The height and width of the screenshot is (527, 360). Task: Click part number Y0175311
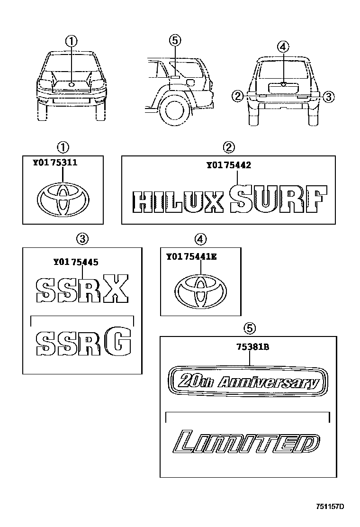point(55,163)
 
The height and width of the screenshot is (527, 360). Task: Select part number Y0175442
point(228,165)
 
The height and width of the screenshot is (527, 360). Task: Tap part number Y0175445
point(76,261)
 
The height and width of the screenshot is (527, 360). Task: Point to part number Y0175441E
point(191,257)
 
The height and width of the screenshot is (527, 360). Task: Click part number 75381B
point(252,347)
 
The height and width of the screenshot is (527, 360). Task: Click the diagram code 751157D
point(330,507)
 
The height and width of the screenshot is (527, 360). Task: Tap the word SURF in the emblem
point(278,200)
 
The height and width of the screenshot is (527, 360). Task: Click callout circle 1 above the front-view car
point(72,41)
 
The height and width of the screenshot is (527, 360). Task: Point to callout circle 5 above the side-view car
point(174,41)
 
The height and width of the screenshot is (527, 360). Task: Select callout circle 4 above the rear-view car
point(282,46)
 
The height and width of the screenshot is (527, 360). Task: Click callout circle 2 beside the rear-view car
point(238,96)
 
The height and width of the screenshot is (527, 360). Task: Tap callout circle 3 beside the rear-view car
point(329,97)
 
